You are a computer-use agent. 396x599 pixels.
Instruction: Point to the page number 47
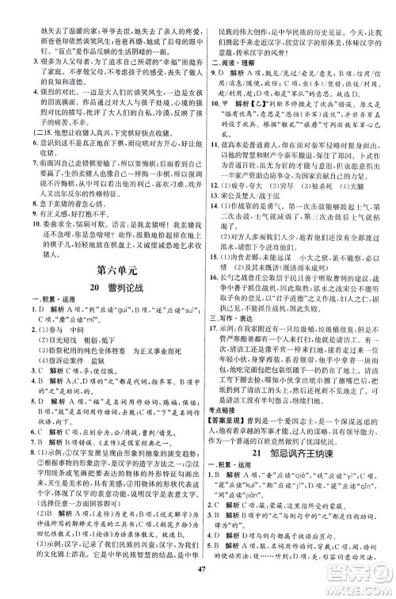[x=197, y=584]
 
